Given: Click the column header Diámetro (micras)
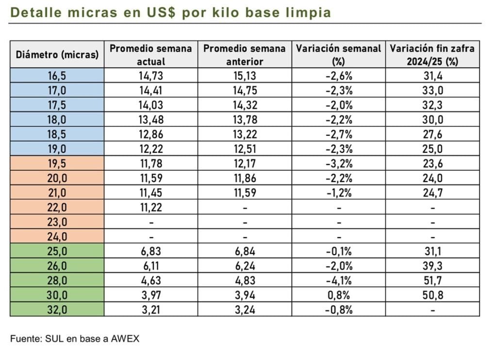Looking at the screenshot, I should (57, 54).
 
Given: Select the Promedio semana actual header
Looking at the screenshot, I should (151, 54).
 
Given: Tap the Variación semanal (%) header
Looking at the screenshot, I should (339, 54).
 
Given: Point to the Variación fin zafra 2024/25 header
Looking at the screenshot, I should (432, 54).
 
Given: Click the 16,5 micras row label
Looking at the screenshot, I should (57, 75).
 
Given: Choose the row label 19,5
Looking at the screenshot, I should (57, 164).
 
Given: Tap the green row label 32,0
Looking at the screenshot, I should (57, 309).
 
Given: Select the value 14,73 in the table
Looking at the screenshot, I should (151, 75).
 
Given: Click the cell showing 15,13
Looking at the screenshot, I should (245, 75).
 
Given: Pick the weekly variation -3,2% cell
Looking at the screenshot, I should (339, 164).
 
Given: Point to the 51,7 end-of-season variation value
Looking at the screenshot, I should (432, 280).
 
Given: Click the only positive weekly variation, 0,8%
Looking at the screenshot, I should (339, 295).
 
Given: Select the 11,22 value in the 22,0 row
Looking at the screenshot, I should (151, 207).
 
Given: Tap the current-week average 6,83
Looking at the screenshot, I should (151, 251).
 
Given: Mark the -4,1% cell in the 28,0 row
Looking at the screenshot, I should (339, 280).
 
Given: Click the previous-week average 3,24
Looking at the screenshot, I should (245, 309).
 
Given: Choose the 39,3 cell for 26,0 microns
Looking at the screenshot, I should (432, 265).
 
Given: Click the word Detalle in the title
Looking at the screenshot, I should (33, 13).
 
